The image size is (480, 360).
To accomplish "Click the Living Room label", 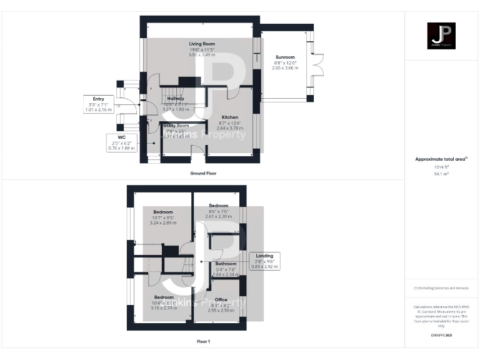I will coord(202,44).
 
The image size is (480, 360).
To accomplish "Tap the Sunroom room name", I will coord(284,57).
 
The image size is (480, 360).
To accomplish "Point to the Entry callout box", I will coord(98,104).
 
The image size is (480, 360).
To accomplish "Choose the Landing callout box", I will coord(264,261).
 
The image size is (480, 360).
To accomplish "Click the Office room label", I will coord(221,299).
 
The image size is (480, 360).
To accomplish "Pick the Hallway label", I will coord(175,99).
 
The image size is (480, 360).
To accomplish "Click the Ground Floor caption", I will coord(203,173).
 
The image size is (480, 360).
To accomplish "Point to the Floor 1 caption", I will coord(203,341).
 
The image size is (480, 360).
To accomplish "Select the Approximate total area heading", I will coord(441,159).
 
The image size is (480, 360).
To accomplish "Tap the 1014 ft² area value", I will coord(441,167).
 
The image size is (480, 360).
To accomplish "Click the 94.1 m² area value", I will coord(441,173).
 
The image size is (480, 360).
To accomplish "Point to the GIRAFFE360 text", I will coord(441,336).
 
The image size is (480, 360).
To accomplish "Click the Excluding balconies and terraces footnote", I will coord(441,287).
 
